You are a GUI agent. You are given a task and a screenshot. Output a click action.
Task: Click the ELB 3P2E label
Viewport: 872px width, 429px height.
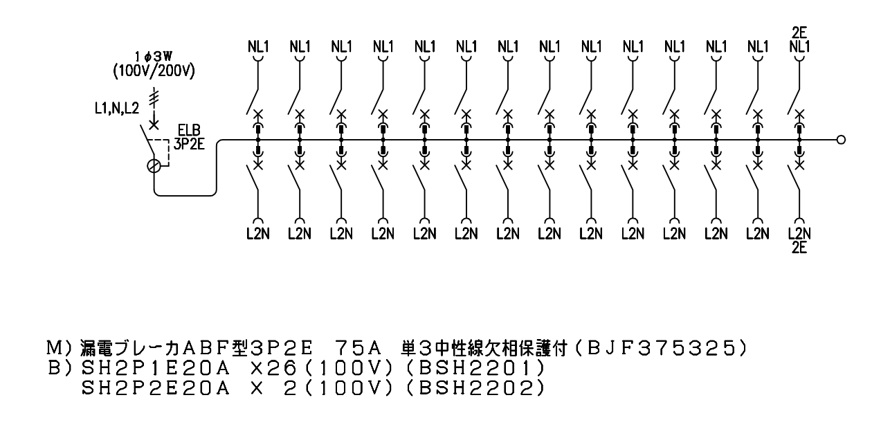(x=189, y=137)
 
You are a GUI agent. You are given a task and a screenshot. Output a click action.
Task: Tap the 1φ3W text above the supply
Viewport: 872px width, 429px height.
(x=154, y=57)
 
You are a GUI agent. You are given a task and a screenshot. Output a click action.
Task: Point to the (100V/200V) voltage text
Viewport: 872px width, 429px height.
(x=154, y=71)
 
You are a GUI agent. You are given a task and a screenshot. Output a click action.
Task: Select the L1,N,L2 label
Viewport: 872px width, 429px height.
(x=117, y=108)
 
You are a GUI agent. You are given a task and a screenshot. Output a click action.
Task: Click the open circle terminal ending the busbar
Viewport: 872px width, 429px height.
(x=842, y=140)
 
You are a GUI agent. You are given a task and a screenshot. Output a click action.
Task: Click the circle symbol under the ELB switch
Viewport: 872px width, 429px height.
(x=154, y=166)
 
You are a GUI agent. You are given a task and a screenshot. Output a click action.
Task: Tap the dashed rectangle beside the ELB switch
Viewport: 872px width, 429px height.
(x=163, y=153)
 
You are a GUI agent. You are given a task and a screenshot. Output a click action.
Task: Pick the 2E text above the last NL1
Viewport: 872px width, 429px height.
(x=799, y=33)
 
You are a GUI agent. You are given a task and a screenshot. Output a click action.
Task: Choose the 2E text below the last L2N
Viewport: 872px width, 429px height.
(x=799, y=248)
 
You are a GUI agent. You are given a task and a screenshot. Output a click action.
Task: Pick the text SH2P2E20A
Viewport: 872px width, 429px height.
(x=156, y=388)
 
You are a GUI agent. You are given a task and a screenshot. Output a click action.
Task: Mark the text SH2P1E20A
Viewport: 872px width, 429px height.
(x=156, y=368)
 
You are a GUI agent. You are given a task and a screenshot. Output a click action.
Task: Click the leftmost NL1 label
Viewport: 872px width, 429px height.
(x=258, y=47)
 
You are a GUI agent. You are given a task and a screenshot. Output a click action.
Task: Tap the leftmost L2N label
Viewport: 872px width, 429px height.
(x=258, y=234)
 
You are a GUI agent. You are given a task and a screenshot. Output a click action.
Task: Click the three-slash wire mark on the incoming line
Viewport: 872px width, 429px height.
(x=154, y=98)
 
